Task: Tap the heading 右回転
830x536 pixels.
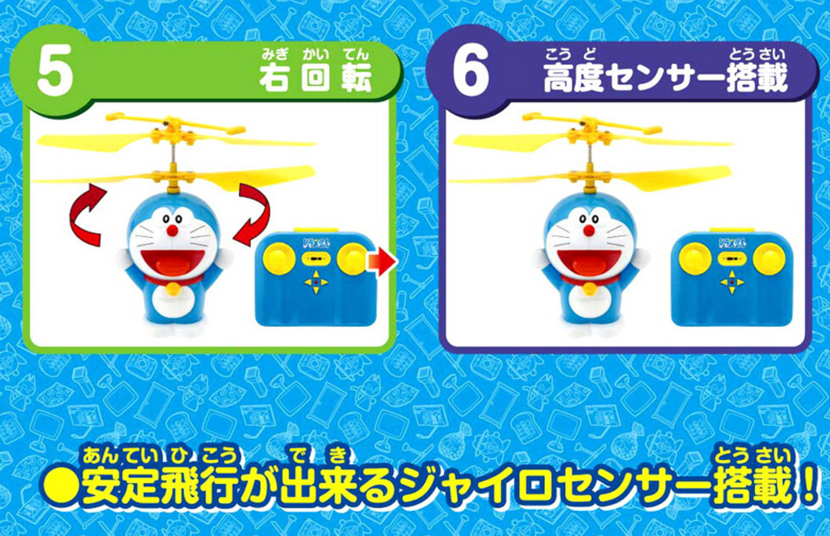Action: click(x=315, y=78)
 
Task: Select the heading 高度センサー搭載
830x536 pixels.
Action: click(x=666, y=78)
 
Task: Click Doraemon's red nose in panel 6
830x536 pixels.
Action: click(x=589, y=230)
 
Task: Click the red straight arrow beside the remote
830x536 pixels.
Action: click(x=381, y=262)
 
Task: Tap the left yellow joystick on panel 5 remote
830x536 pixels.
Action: click(x=279, y=258)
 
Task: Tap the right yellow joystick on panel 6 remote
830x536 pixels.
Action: click(x=769, y=257)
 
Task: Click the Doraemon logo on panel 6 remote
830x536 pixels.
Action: click(x=731, y=244)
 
